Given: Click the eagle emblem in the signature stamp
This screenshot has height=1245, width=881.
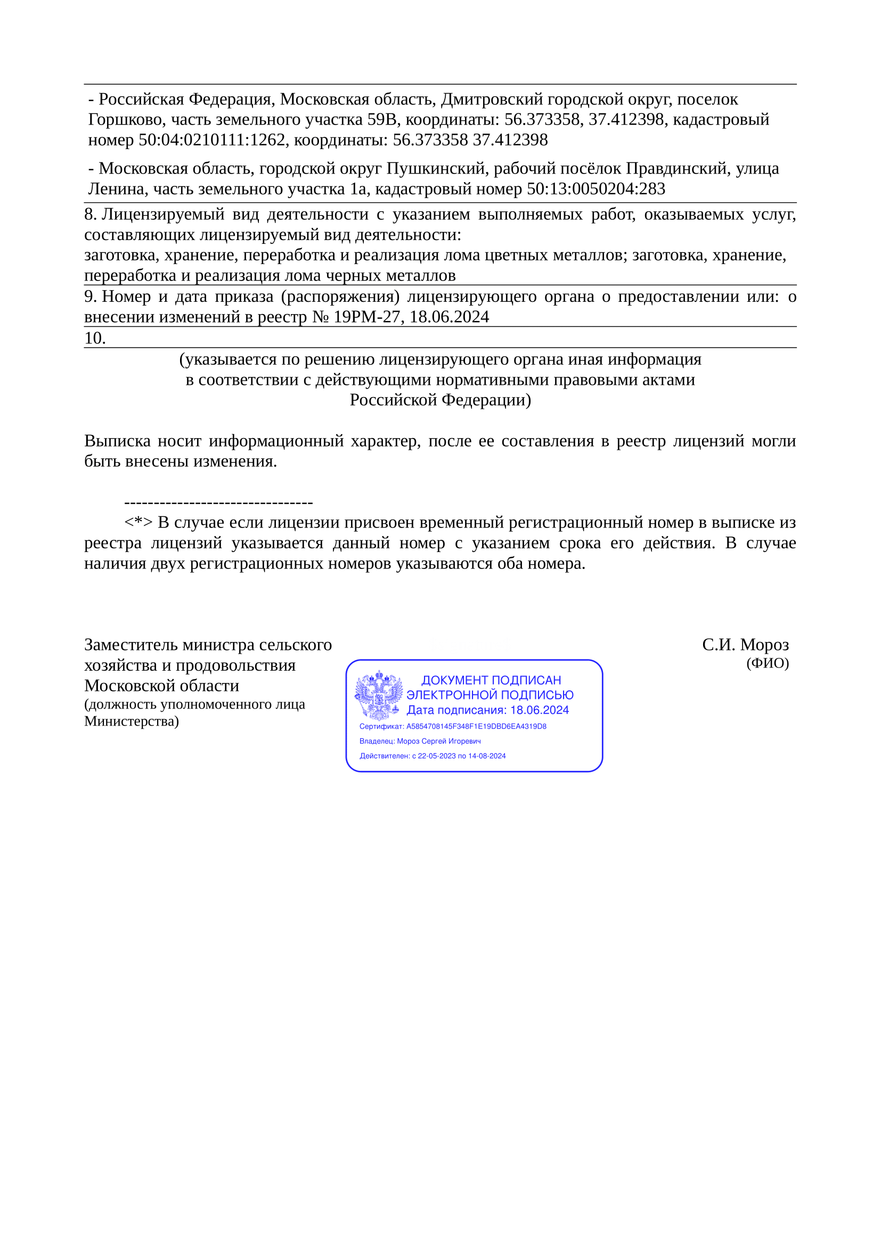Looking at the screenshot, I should [379, 695].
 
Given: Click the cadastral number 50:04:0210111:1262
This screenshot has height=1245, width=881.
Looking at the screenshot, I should [212, 140].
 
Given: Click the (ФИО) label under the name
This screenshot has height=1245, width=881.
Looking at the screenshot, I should [767, 663].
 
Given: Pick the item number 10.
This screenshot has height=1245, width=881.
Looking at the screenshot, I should [94, 338].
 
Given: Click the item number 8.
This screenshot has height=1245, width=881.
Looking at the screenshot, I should [90, 214].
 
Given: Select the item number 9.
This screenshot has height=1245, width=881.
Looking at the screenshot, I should [90, 296].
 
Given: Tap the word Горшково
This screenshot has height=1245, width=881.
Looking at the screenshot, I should [126, 119].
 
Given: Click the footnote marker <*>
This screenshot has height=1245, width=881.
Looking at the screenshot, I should [138, 522].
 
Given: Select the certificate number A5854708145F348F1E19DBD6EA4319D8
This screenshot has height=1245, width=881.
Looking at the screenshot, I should [476, 726].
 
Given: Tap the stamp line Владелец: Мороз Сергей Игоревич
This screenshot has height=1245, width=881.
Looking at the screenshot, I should [420, 741].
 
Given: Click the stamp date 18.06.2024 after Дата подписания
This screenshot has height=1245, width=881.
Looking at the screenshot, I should [539, 711].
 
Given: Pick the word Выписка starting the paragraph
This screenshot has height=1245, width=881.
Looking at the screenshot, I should [117, 441].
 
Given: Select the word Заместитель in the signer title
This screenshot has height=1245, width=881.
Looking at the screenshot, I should [130, 645].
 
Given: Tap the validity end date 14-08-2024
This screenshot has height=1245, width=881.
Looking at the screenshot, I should [487, 756].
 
